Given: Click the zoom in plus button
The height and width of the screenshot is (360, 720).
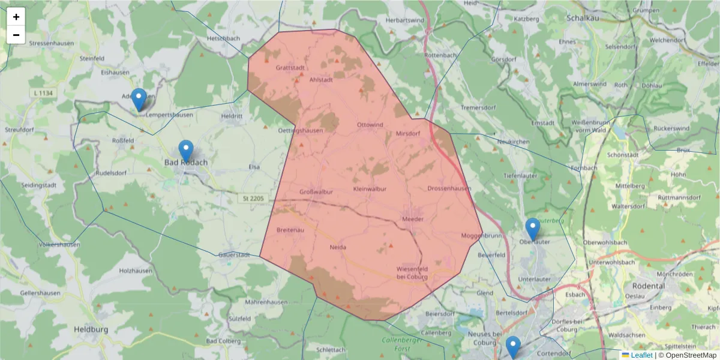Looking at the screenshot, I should (x=16, y=17).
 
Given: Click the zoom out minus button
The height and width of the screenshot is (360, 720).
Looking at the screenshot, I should (x=16, y=35).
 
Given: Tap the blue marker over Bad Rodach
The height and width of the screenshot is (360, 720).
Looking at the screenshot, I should (x=186, y=151).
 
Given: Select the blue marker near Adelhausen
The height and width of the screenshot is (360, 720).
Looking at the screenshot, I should (x=139, y=99).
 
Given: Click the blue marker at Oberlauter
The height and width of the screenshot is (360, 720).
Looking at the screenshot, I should (x=532, y=229).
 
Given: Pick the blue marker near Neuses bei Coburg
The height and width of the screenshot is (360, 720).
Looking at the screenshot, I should (x=512, y=346).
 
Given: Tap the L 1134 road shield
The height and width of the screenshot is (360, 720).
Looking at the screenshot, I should (x=43, y=92).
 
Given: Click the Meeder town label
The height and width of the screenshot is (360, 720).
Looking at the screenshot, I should (x=413, y=219).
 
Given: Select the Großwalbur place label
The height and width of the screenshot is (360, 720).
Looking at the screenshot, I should (x=316, y=192).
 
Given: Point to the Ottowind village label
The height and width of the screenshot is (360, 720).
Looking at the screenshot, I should (x=370, y=125).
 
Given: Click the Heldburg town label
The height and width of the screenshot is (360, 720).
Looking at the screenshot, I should (x=91, y=329).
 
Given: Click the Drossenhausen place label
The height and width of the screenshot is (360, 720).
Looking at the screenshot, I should (x=449, y=188).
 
